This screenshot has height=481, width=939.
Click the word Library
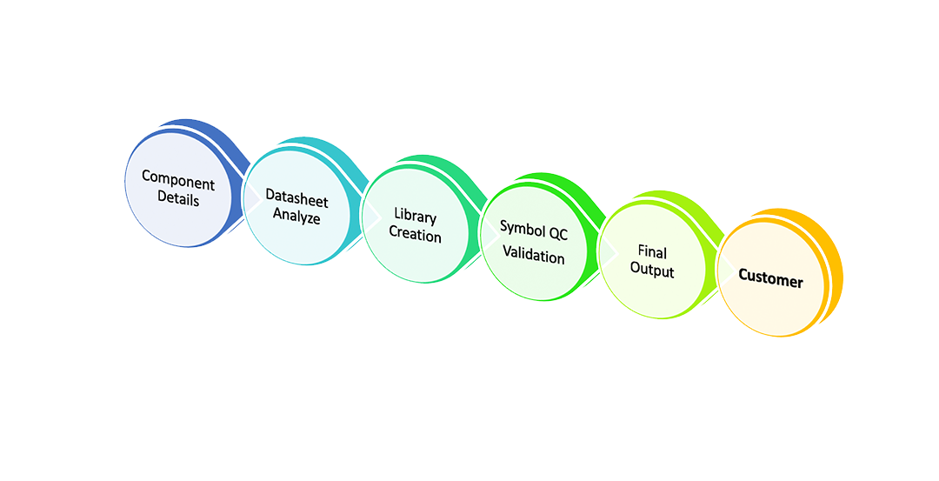coord(415,217)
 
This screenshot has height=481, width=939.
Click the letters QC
coord(557,231)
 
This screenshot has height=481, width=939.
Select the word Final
coord(651,252)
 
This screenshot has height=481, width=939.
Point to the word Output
coord(651,271)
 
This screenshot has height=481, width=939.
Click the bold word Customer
coord(770,279)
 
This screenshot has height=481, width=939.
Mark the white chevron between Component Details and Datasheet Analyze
coord(251,198)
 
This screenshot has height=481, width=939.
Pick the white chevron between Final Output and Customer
coord(726,271)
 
